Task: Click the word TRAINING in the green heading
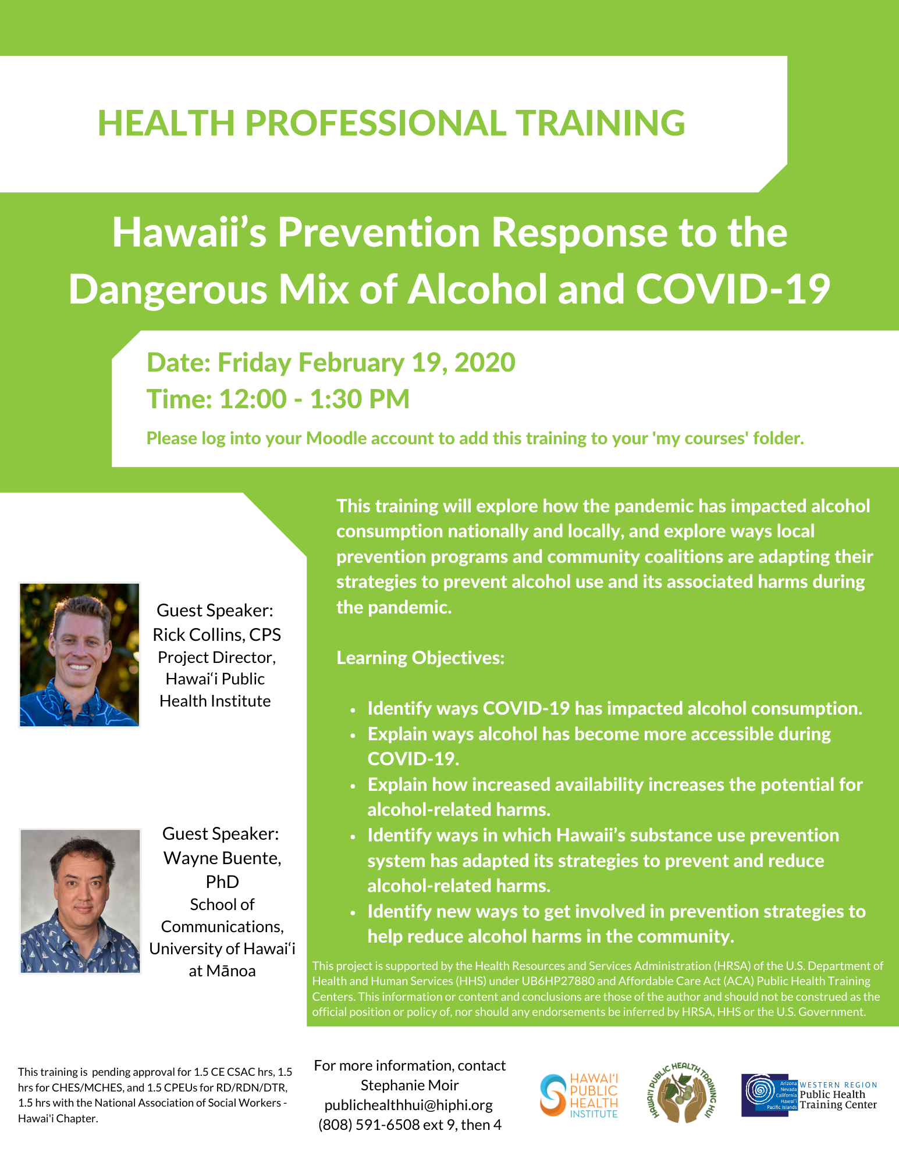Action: (x=601, y=123)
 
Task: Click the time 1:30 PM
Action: (x=360, y=399)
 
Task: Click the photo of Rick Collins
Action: (x=80, y=655)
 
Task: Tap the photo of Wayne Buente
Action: (x=80, y=901)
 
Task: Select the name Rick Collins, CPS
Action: (x=216, y=634)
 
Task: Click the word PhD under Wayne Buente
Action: (x=222, y=882)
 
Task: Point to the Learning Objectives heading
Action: (x=420, y=658)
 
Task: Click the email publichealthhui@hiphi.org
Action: (x=408, y=1105)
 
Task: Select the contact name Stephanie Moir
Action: (x=410, y=1085)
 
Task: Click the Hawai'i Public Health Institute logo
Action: (x=580, y=1096)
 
